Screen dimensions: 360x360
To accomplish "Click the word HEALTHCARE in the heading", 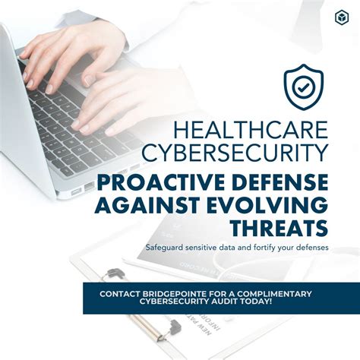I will [x=246, y=128].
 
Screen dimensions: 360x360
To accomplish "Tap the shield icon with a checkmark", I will [x=303, y=87].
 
